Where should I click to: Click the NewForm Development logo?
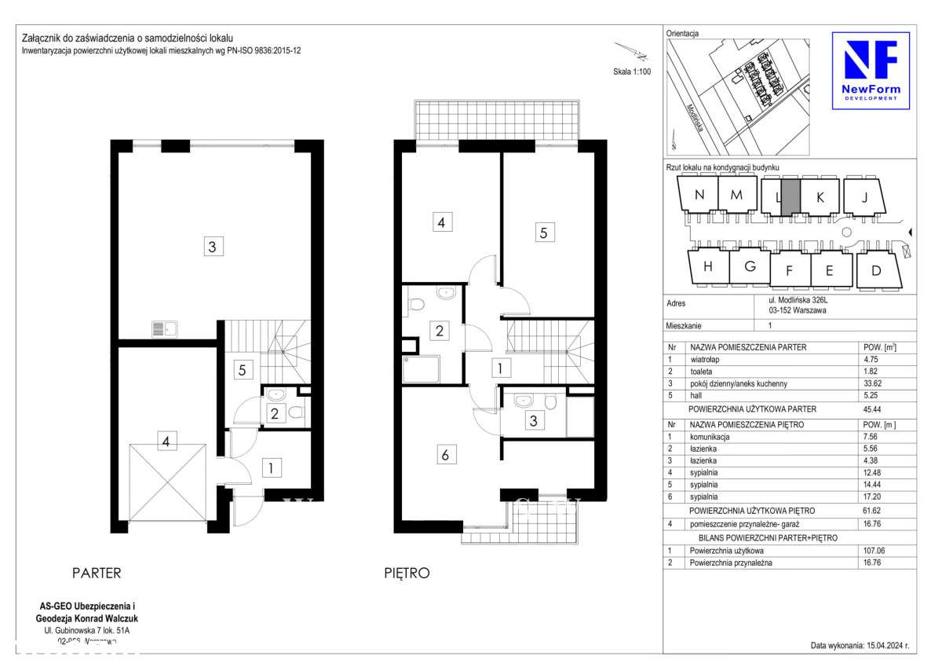(871, 71)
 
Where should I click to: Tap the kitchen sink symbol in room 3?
(165, 329)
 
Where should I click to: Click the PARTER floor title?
(97, 574)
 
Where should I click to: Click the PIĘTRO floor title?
(407, 574)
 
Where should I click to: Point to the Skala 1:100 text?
(631, 71)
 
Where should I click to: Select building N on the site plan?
(699, 196)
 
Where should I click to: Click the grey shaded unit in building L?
(791, 196)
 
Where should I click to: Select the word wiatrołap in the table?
(706, 359)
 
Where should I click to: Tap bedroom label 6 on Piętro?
(444, 454)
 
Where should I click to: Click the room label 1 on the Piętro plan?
(497, 366)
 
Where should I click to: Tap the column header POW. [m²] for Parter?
(879, 346)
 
